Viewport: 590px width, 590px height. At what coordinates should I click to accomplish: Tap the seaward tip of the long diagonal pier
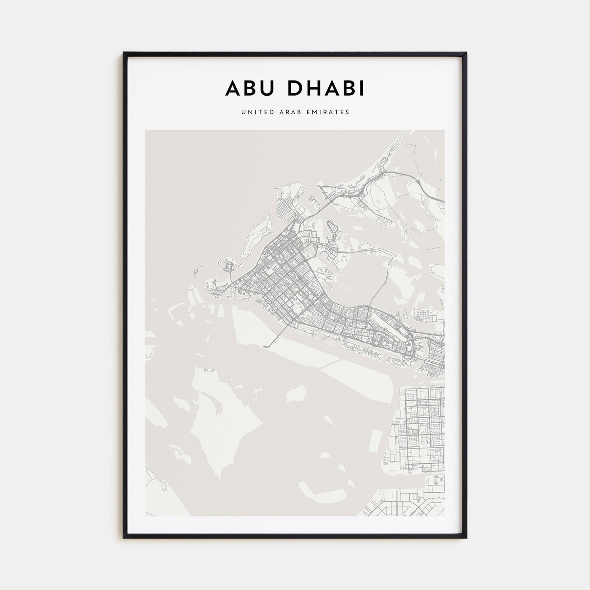265,347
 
